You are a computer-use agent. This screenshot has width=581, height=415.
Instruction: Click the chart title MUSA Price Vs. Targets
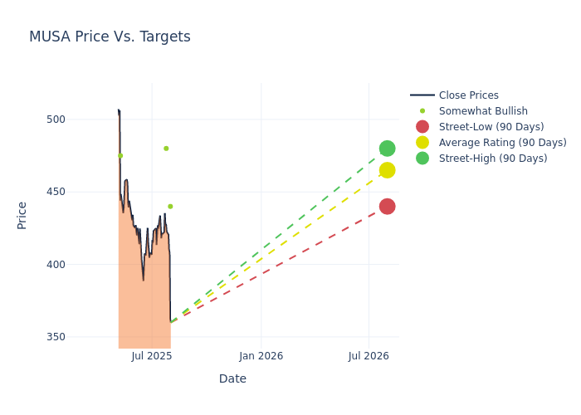click(x=110, y=37)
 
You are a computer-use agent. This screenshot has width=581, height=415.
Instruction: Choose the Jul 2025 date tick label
click(x=151, y=356)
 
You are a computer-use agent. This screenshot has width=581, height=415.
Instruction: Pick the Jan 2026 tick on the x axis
click(x=261, y=356)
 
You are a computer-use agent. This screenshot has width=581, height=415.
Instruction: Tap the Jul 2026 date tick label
click(x=369, y=356)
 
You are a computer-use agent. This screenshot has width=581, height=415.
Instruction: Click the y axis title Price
click(x=22, y=215)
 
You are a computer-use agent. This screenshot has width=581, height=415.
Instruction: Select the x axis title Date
click(x=232, y=379)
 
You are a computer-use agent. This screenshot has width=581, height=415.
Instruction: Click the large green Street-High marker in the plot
click(x=387, y=149)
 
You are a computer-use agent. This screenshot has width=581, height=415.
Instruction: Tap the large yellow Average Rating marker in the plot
click(x=387, y=170)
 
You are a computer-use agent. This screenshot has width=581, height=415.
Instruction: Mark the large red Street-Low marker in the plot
click(x=387, y=207)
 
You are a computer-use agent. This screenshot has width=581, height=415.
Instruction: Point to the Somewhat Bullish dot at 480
click(x=166, y=149)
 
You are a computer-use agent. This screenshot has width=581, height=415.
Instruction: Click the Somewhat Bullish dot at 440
click(x=170, y=207)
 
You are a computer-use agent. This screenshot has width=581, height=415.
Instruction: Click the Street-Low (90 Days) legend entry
click(x=491, y=127)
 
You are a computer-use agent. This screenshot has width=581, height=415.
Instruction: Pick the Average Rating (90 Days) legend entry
click(x=502, y=143)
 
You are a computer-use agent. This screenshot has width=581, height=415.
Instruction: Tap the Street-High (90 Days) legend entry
click(x=493, y=159)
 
